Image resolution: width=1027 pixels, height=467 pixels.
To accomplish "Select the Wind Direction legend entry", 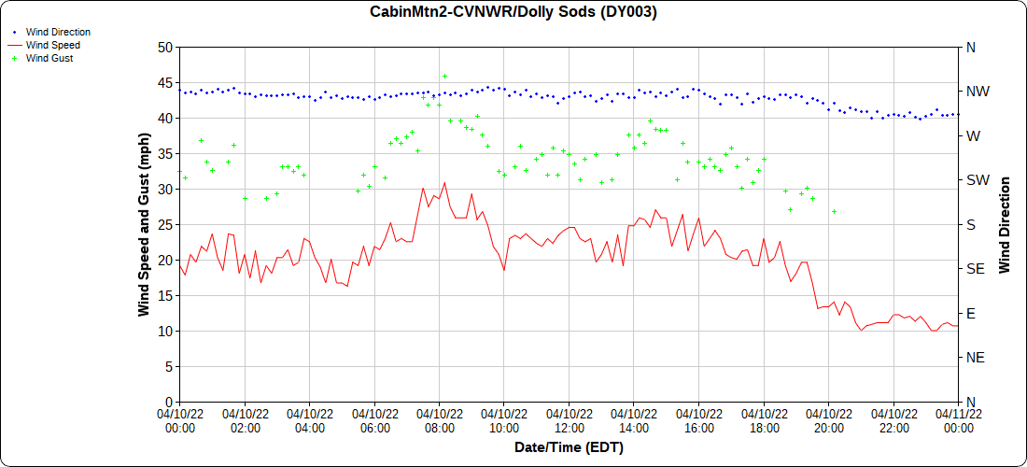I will coord(58,32).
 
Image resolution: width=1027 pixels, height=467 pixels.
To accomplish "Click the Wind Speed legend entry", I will coord(53,45).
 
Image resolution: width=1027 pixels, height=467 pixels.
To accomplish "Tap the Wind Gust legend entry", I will coord(49,58).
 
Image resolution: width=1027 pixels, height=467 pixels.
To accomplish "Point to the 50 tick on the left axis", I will coord(165,47).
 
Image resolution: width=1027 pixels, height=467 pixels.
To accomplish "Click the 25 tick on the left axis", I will coord(165,224).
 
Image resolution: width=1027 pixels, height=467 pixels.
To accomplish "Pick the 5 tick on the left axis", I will coord(169,366).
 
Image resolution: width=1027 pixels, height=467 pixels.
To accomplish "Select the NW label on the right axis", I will coord(978,92).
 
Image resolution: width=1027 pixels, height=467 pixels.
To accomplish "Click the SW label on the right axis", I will coord(978,180).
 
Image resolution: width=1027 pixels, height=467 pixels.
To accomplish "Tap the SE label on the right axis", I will coord(976,269).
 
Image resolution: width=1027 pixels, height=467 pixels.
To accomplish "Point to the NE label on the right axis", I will coord(976,358).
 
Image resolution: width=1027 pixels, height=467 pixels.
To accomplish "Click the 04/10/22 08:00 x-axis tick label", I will coord(440,420).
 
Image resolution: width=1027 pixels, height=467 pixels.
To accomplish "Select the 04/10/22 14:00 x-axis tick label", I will coord(634,420).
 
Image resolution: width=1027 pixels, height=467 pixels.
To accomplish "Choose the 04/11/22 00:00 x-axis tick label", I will coord(959,420).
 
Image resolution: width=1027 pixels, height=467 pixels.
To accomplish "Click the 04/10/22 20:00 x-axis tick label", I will coord(829,420).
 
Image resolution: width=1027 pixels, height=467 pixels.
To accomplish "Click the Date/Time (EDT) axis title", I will coord(569,447).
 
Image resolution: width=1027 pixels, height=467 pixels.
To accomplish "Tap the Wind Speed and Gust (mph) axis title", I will coord(144,224).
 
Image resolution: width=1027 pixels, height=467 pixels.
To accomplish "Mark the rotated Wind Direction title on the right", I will coord(1005,224).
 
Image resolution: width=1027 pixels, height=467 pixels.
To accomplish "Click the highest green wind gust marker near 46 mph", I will coord(444,76).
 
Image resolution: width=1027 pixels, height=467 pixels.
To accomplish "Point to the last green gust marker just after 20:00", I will coord(834,211).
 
